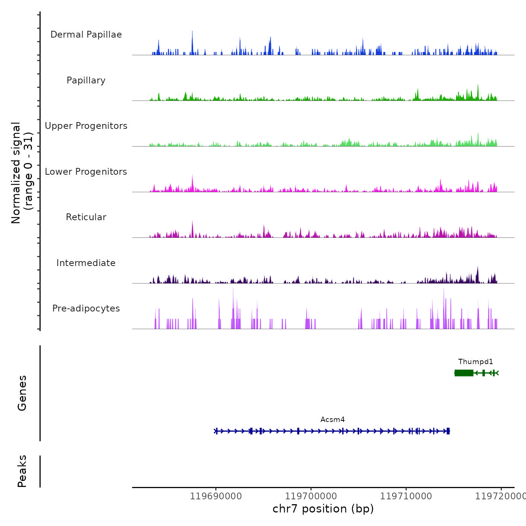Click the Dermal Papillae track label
pos(86,35)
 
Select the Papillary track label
pos(86,80)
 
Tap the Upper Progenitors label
pos(86,126)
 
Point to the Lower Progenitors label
pos(86,172)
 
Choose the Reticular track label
pos(86,217)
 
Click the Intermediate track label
pos(86,263)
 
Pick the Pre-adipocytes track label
pos(86,308)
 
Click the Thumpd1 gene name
pos(475,361)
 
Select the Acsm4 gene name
pos(333,419)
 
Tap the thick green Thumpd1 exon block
pos(464,373)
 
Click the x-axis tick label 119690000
pos(216,496)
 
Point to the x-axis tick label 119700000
pos(311,496)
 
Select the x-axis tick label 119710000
pos(406,496)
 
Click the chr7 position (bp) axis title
pos(323,509)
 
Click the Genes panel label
pos(22,393)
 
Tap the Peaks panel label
pos(22,471)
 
